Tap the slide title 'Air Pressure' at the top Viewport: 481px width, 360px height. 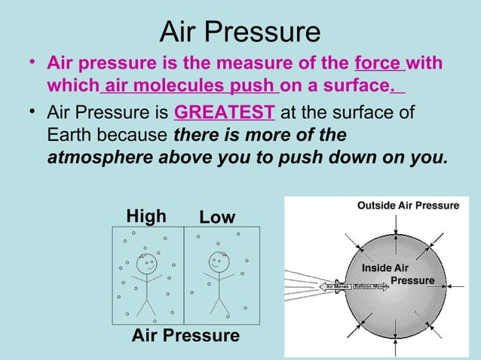[240, 32]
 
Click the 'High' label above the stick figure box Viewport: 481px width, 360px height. [146, 217]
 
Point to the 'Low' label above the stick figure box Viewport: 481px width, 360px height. [217, 218]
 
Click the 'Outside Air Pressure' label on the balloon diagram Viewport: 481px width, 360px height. [408, 206]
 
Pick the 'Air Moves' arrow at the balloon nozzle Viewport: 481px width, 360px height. [337, 286]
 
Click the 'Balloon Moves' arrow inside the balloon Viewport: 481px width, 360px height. [371, 286]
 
